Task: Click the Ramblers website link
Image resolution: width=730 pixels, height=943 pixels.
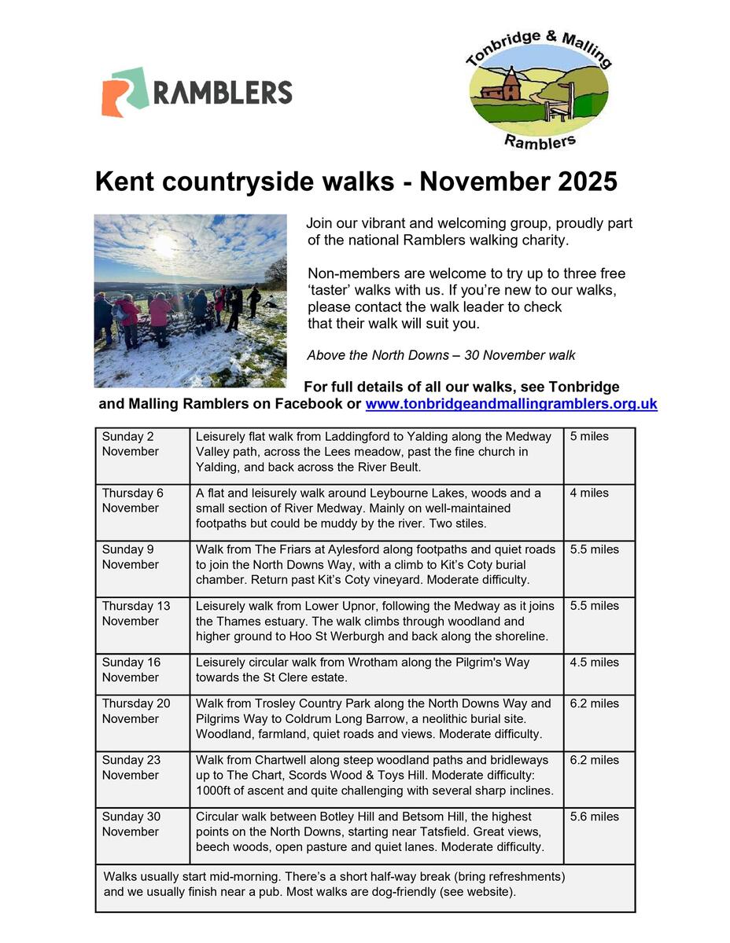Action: pyautogui.click(x=511, y=405)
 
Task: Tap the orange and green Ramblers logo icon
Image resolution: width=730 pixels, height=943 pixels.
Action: pyautogui.click(x=124, y=92)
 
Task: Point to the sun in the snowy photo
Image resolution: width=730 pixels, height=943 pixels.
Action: pyautogui.click(x=164, y=245)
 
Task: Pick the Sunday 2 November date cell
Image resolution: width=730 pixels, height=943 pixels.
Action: pyautogui.click(x=142, y=455)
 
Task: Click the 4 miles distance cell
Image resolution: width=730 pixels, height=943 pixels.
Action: pyautogui.click(x=599, y=512)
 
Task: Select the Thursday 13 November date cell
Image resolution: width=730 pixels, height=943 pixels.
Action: pyautogui.click(x=142, y=625)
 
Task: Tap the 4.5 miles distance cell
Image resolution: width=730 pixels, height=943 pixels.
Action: pyautogui.click(x=599, y=673)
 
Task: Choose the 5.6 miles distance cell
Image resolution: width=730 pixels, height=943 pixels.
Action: pyautogui.click(x=599, y=835)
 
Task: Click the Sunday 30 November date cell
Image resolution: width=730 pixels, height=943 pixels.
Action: pyautogui.click(x=142, y=835)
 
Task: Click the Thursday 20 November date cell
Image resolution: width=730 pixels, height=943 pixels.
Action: pyautogui.click(x=142, y=722)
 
